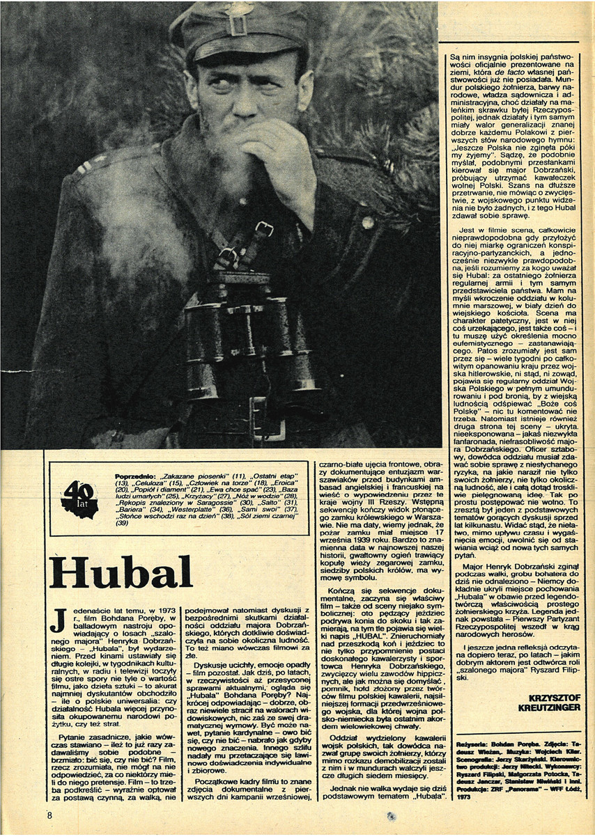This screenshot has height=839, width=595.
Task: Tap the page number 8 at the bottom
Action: [49, 815]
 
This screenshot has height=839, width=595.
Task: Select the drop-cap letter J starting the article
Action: [59, 620]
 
